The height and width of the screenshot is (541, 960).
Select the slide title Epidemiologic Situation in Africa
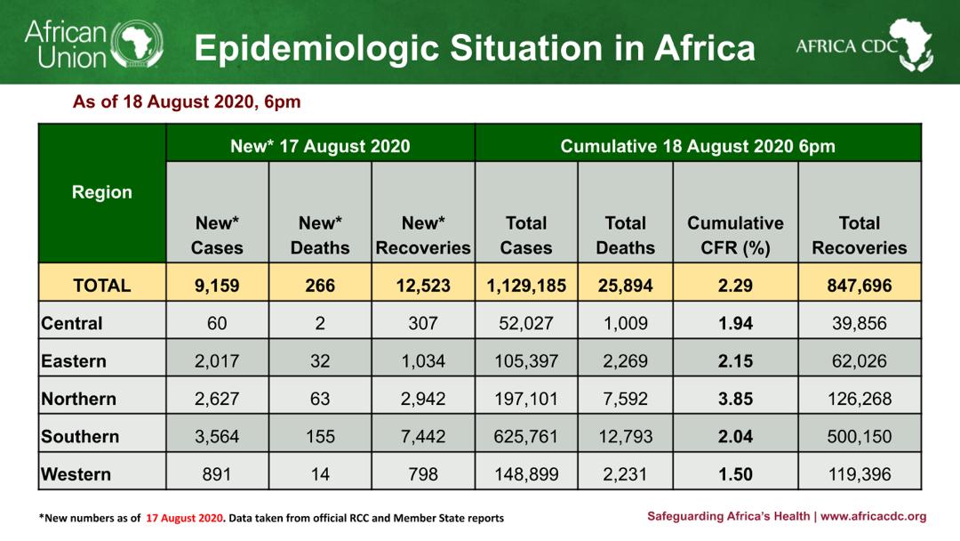[x=475, y=48]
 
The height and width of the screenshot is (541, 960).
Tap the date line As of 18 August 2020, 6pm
[x=187, y=102]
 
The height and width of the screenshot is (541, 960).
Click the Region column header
[x=102, y=192]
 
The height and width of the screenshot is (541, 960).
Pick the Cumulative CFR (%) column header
[x=735, y=236]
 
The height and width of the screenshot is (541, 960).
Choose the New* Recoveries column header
[x=423, y=236]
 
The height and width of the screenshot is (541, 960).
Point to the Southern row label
[x=80, y=437]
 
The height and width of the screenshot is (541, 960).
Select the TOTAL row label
[x=102, y=286]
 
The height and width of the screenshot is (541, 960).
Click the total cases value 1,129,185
[x=526, y=286]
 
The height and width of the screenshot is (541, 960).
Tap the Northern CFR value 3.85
[x=735, y=399]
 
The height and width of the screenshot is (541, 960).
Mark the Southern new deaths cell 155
[x=320, y=437]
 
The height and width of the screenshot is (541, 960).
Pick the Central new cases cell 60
[x=217, y=323]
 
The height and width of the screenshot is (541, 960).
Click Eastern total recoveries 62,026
[x=860, y=361]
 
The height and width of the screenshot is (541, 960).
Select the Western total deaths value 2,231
[x=626, y=474]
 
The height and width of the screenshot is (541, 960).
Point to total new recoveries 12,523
[x=423, y=286]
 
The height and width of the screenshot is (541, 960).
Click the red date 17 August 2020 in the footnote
[x=185, y=518]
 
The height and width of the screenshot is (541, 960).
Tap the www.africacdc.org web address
[x=874, y=516]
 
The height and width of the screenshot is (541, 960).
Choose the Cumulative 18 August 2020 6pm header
[x=698, y=146]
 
